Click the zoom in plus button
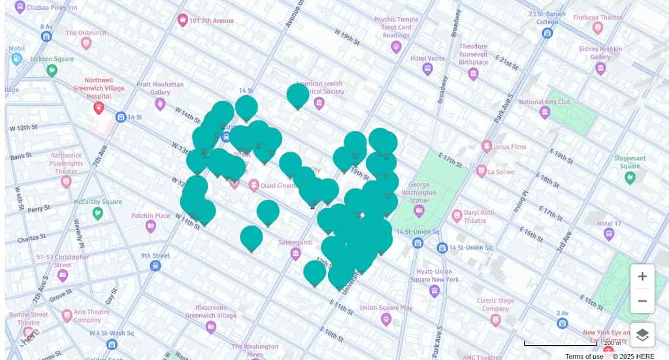(642, 276)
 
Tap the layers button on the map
(642, 335)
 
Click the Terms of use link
(584, 356)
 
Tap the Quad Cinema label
(280, 186)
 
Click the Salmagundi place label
(295, 242)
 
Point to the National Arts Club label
(544, 102)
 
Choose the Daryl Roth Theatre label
(478, 216)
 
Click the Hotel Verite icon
(428, 69)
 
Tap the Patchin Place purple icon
(151, 226)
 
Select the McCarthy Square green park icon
(97, 213)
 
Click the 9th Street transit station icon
(155, 266)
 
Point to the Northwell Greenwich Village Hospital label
(99, 88)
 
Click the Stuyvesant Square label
(630, 162)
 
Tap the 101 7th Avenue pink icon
(183, 20)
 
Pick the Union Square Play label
(386, 308)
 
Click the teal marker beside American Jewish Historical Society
(298, 95)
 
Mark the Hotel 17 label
(609, 224)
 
